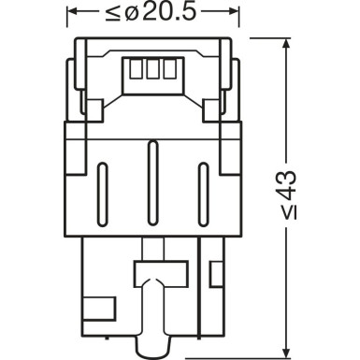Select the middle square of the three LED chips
[151, 70]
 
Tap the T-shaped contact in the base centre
[151, 276]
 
